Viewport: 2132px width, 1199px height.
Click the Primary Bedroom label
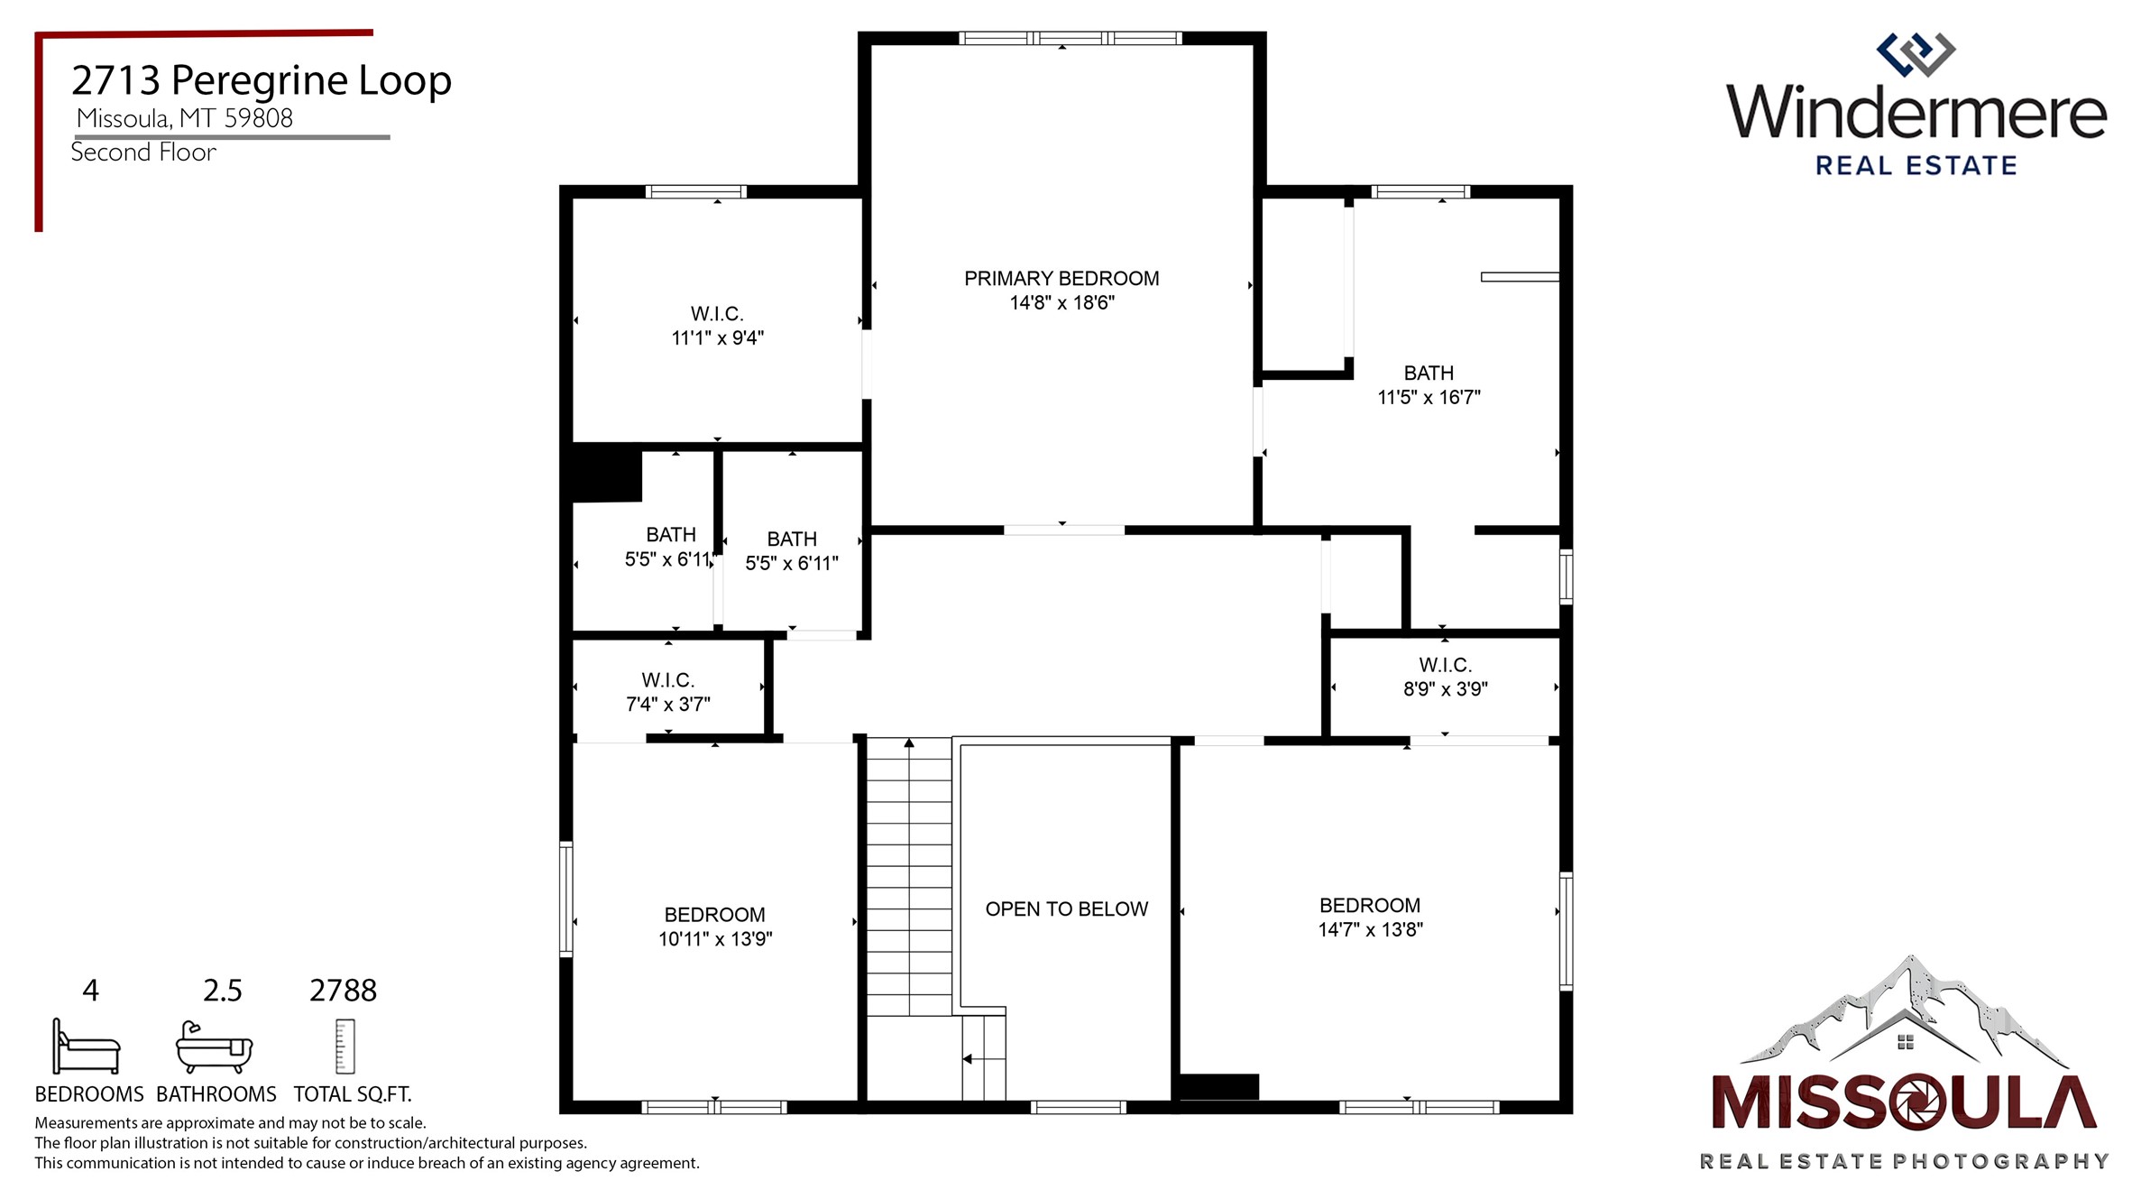coord(1061,279)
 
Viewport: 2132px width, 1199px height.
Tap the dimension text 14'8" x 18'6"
coord(1061,303)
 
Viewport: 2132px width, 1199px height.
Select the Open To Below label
coord(1066,909)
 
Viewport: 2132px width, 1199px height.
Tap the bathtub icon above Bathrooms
coord(214,1047)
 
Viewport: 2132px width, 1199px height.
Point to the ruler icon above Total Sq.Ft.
coord(345,1047)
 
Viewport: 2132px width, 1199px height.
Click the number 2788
coord(343,991)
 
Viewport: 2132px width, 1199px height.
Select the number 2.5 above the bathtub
coord(222,991)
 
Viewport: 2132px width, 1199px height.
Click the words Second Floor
coord(143,152)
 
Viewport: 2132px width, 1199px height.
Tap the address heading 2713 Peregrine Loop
coord(261,80)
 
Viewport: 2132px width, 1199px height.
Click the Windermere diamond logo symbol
coord(1915,55)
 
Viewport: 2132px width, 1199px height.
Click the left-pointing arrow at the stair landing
coord(968,1059)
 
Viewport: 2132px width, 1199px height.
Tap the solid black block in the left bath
coord(606,474)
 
